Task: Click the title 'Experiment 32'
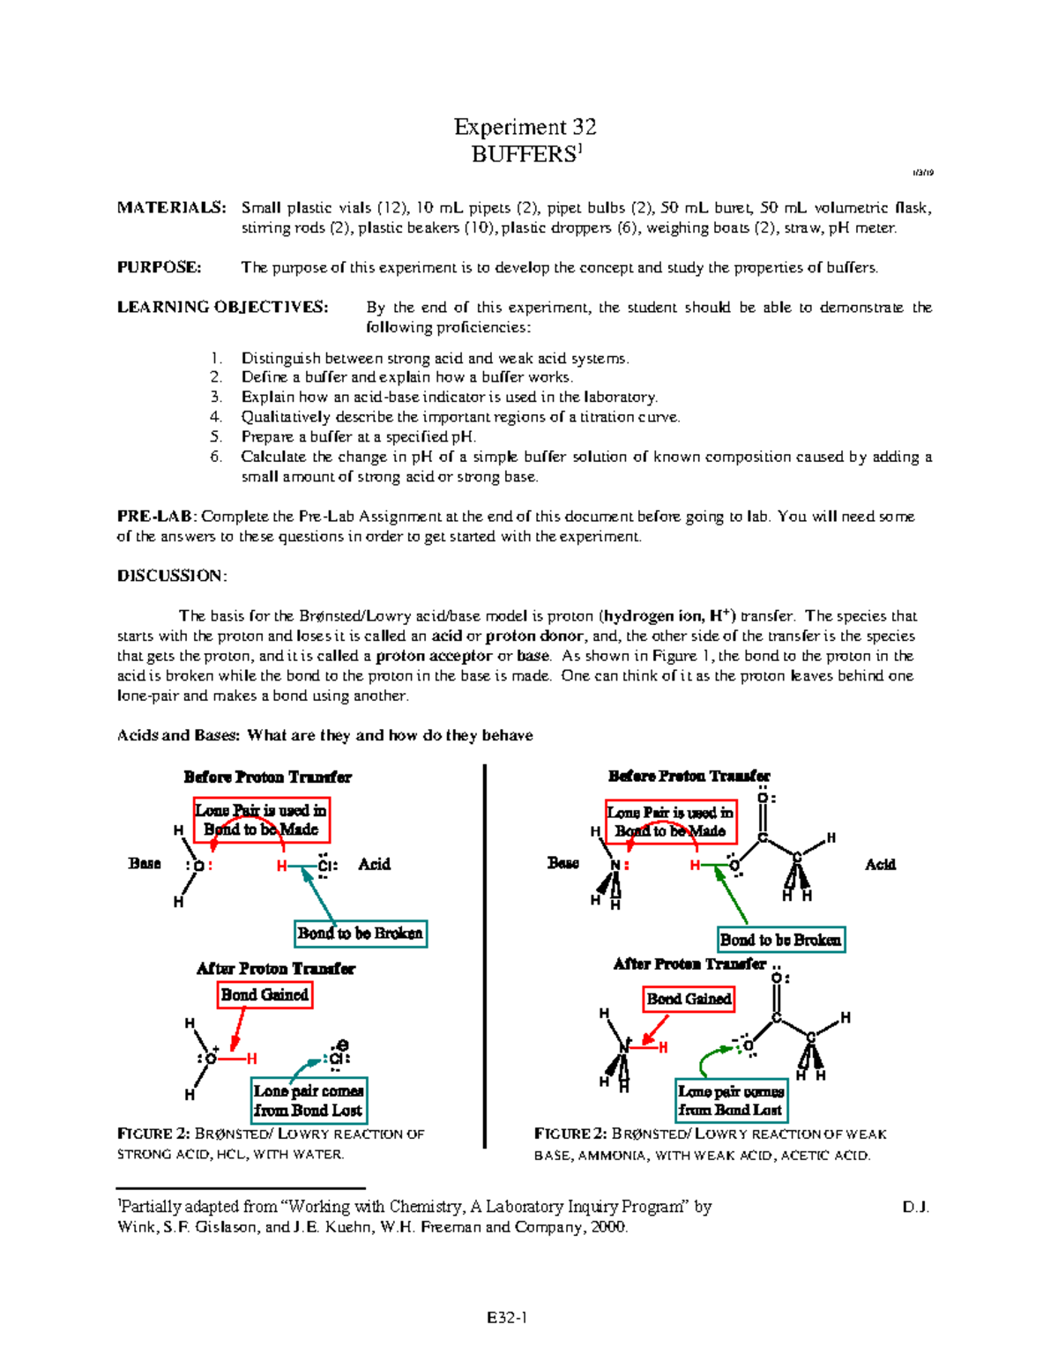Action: pos(525,127)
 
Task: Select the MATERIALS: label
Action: pos(171,208)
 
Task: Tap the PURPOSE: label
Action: pos(159,267)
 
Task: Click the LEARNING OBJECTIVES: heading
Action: pos(222,307)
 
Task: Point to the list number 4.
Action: pos(215,417)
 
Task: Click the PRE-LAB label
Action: pos(156,517)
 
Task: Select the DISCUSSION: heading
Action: pos(172,576)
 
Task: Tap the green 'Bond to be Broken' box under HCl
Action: pos(361,934)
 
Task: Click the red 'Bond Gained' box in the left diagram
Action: pos(264,995)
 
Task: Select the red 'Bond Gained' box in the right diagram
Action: pos(689,999)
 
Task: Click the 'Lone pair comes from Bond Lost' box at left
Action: pos(309,1101)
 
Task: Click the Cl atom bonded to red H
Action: pos(325,866)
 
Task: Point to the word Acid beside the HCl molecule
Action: pos(374,865)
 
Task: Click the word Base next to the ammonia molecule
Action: pos(563,863)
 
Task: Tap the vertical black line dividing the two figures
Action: pos(485,956)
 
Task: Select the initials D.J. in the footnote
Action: pos(915,1207)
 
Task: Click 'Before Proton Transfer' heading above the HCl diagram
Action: pos(267,777)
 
